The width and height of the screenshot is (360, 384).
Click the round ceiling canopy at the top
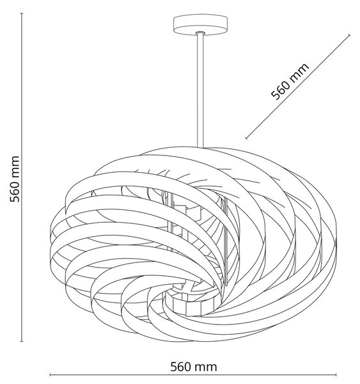[x=200, y=25]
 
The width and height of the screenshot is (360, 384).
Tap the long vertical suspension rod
[x=200, y=90]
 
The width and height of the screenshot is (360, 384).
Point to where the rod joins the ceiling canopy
[x=200, y=33]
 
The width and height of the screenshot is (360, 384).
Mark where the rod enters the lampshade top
[x=200, y=147]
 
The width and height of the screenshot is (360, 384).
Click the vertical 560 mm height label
[x=15, y=179]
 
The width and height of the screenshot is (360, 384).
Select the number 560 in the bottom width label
[x=180, y=367]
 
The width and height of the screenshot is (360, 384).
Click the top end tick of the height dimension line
[x=22, y=13]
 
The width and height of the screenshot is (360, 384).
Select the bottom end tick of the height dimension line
[x=22, y=341]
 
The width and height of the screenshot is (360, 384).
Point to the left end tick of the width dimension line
[x=50, y=374]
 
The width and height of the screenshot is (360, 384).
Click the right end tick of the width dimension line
[x=336, y=374]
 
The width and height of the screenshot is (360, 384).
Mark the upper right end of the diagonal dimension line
[x=349, y=35]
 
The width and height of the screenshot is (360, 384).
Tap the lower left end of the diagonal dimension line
[x=247, y=138]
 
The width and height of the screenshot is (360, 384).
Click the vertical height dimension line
[x=22, y=177]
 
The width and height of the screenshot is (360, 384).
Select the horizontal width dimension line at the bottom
[x=193, y=374]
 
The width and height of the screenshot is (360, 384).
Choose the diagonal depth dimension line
[x=298, y=86]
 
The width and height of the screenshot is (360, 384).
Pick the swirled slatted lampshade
[x=193, y=245]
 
